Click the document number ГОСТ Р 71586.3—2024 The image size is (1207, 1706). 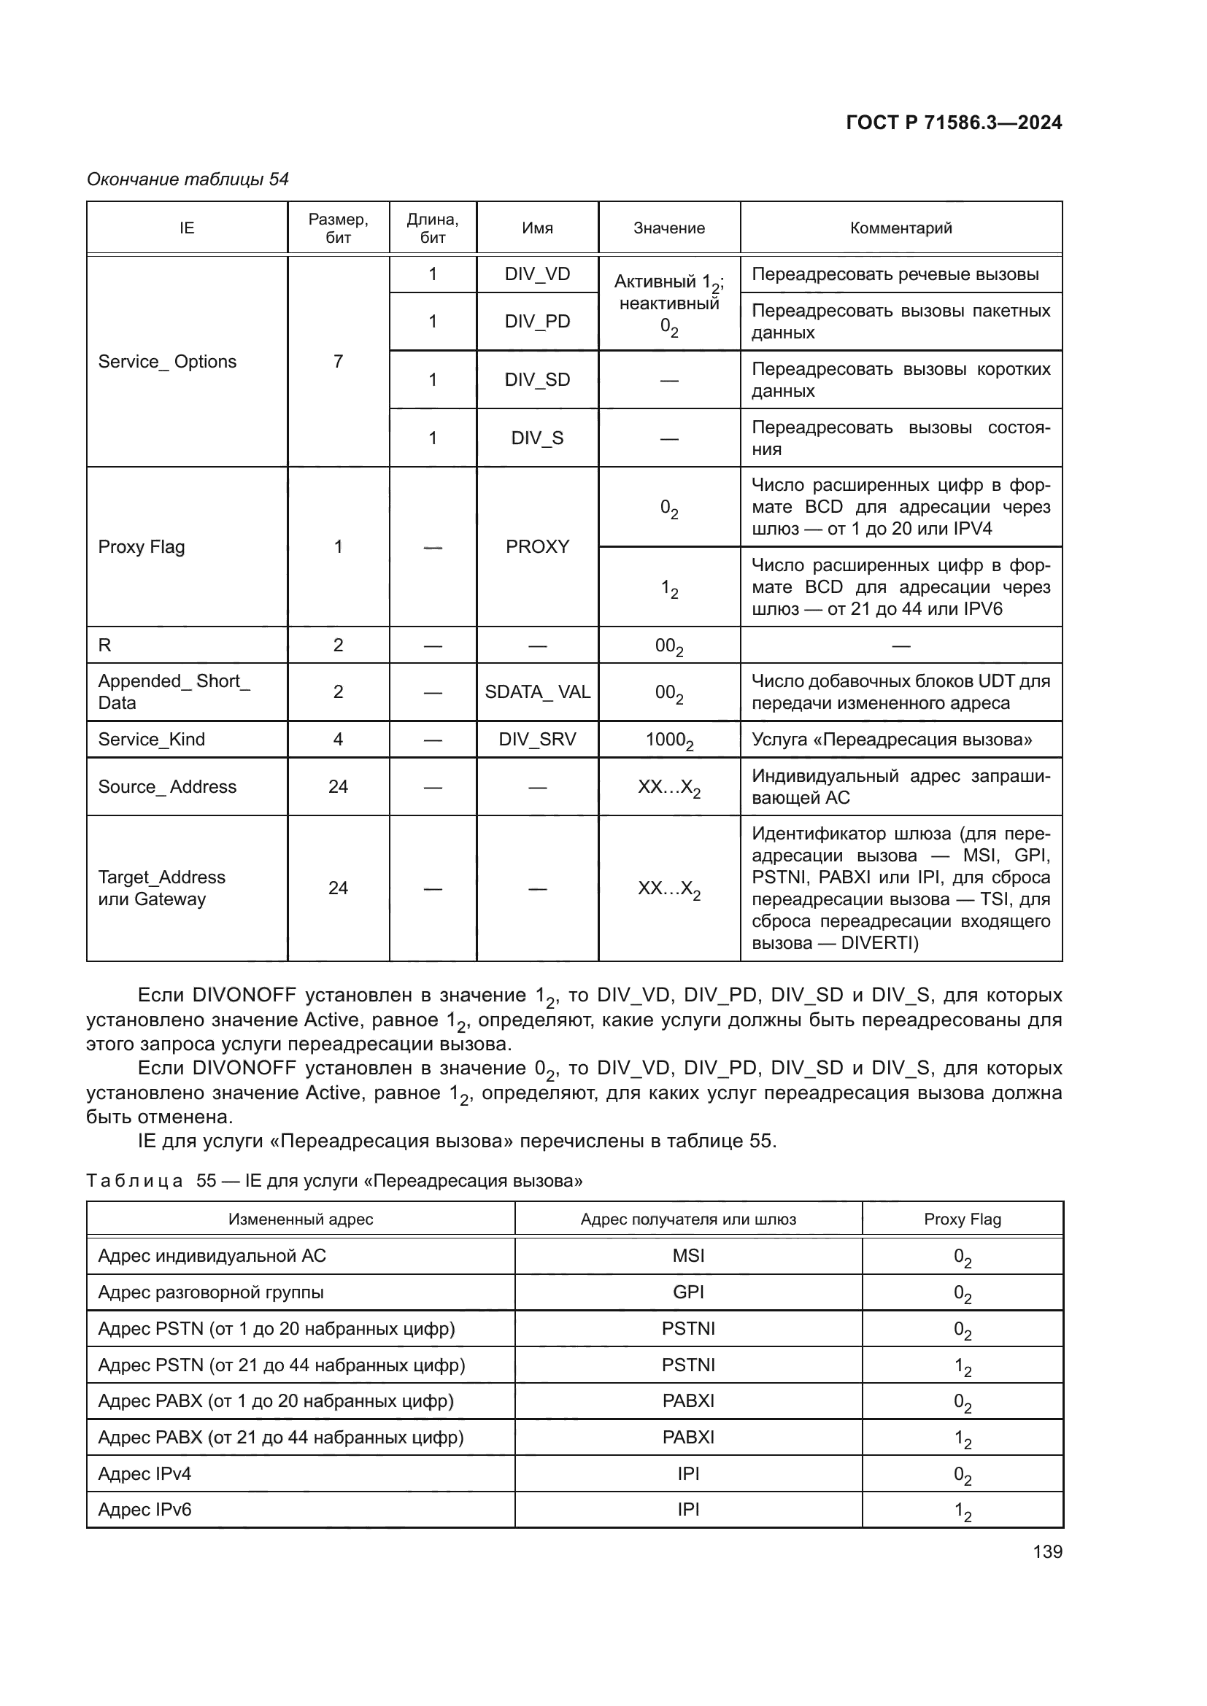[954, 123]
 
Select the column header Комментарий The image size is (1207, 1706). [900, 228]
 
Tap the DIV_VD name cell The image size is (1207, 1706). [536, 274]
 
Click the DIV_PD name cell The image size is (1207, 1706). [536, 321]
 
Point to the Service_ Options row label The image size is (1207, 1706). [167, 361]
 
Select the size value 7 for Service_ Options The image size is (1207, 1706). [338, 361]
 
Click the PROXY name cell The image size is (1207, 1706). [536, 547]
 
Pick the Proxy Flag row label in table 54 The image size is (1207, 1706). [142, 547]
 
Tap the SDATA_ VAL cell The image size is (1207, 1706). [536, 691]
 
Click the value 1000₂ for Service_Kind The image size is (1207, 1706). [669, 740]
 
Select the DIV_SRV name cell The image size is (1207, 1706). [536, 740]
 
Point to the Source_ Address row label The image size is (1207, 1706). [167, 787]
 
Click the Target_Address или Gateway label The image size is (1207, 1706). [161, 888]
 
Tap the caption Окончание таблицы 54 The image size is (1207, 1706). [188, 179]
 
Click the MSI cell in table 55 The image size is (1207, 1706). [687, 1256]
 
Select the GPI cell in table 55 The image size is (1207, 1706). [687, 1292]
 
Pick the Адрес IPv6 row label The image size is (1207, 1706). [145, 1510]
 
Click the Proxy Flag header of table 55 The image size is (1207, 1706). [962, 1220]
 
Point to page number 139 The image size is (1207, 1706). [1047, 1551]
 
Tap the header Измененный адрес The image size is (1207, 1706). [300, 1220]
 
